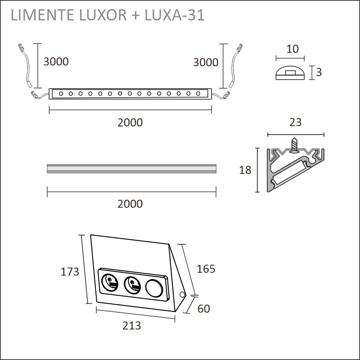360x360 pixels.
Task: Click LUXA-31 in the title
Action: click(x=176, y=15)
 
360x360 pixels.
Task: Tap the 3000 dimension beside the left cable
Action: click(x=56, y=62)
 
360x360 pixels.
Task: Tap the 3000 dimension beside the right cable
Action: click(x=206, y=63)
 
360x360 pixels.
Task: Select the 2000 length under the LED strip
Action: click(x=130, y=122)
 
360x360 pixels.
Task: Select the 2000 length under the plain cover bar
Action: click(x=130, y=204)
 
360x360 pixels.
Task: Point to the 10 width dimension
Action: click(x=292, y=49)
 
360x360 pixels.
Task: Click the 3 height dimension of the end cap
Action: click(x=319, y=72)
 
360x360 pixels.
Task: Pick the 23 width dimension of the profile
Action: click(x=296, y=122)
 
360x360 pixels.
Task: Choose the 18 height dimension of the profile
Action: click(x=245, y=170)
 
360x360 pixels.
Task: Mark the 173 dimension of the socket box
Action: click(x=70, y=272)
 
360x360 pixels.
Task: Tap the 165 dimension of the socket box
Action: click(x=206, y=269)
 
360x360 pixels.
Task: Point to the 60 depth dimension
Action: click(x=203, y=309)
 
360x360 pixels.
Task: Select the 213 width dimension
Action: click(x=131, y=325)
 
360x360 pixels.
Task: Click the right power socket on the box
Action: click(x=132, y=284)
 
